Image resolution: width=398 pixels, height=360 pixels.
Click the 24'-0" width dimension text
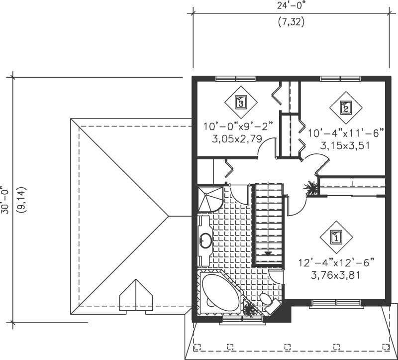point(291,6)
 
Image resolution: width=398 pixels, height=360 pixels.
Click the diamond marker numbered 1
point(336,238)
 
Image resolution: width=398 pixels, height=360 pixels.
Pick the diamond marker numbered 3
point(240,103)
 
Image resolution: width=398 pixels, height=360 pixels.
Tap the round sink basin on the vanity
point(206,240)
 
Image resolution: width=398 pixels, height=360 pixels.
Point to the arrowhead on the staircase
point(268,253)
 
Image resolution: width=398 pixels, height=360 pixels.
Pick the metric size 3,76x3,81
point(336,275)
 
